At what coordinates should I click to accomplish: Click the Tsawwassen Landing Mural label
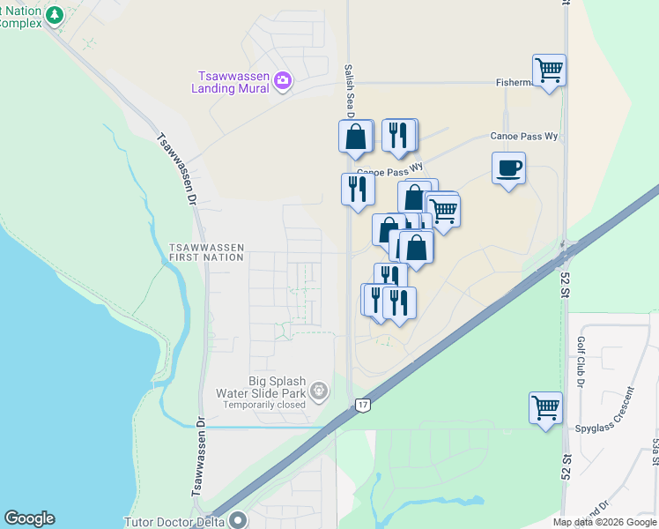point(233,82)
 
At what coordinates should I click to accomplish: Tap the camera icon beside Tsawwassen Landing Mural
point(283,82)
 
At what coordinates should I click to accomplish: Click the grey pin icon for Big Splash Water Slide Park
point(319,388)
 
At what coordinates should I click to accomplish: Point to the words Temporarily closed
point(263,405)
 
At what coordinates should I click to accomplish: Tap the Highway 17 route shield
point(362,405)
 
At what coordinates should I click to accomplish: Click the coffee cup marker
point(509,168)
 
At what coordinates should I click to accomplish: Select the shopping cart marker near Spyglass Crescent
point(546,408)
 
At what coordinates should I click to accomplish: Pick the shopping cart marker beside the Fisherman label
point(550,70)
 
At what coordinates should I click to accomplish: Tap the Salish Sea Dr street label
point(349,88)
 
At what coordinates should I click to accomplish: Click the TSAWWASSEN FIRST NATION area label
point(206,252)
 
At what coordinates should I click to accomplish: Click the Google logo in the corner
point(29,518)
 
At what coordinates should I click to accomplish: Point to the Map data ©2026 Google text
point(604,522)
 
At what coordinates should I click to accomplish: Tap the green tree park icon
point(56,15)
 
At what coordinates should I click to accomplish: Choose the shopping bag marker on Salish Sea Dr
point(356,137)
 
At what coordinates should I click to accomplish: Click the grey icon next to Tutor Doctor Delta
point(238,520)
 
